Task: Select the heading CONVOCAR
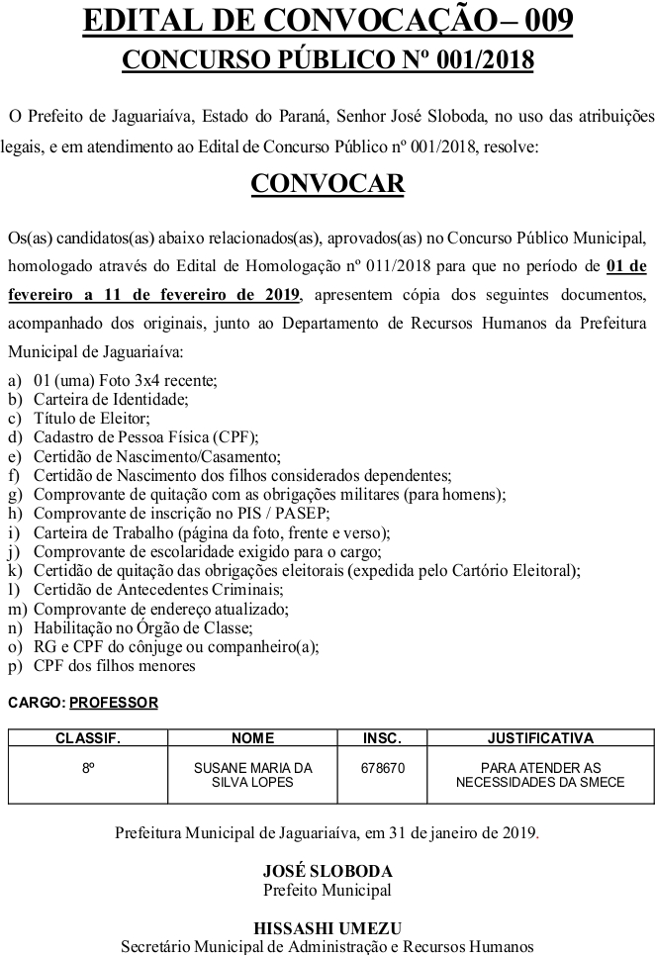coord(327,184)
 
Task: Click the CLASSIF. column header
coord(88,738)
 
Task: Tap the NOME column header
coord(252,738)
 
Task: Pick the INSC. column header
coord(382,738)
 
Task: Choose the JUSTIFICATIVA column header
coord(540,738)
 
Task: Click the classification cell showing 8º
coord(88,768)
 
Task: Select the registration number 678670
coord(382,768)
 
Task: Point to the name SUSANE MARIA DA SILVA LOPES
coord(252,775)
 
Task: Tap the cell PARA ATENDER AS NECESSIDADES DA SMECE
coord(540,775)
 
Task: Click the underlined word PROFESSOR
coord(114,703)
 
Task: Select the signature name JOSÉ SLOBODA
coord(327,872)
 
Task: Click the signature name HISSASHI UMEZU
coord(327,928)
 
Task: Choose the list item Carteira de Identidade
coord(110,400)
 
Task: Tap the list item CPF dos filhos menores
coord(114,665)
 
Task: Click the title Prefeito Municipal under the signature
coord(327,889)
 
